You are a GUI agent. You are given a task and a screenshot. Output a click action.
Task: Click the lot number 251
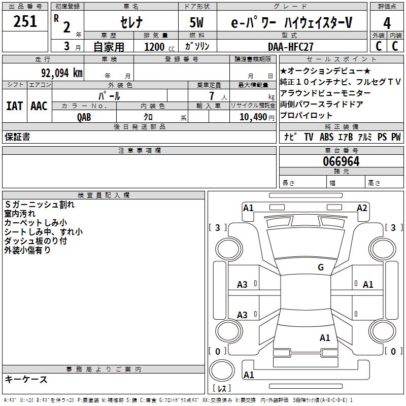click(x=25, y=22)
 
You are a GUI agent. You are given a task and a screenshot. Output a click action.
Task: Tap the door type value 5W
click(x=197, y=23)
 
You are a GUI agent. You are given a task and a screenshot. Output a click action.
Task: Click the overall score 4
click(x=387, y=23)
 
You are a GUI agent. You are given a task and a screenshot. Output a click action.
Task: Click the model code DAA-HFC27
click(x=291, y=47)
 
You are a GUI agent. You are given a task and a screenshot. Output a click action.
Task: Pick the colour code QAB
click(x=84, y=117)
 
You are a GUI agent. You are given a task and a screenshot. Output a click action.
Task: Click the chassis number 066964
click(x=341, y=161)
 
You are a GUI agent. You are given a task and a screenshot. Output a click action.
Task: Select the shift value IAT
click(x=15, y=106)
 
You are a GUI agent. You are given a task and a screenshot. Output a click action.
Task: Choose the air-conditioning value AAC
click(x=39, y=106)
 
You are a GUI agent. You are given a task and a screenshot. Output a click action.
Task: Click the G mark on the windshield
click(x=320, y=267)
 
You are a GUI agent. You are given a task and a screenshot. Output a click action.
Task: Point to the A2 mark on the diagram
click(x=362, y=208)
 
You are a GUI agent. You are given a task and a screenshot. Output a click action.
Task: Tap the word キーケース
click(x=26, y=380)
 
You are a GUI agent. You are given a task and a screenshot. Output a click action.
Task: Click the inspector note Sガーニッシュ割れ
click(x=40, y=205)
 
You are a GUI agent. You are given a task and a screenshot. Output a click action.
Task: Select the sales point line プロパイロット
click(x=307, y=115)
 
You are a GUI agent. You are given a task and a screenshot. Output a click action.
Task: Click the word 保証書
click(x=17, y=137)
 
